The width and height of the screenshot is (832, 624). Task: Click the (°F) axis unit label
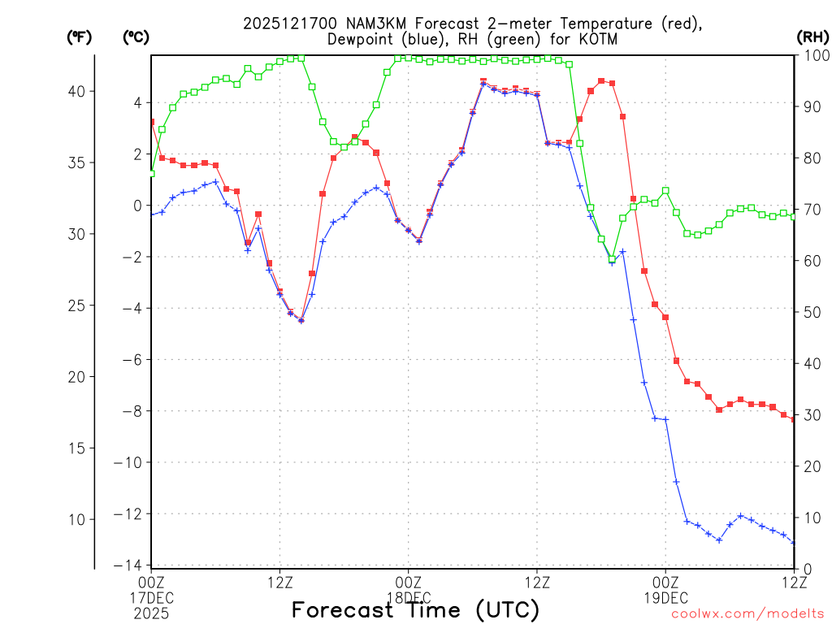coord(78,37)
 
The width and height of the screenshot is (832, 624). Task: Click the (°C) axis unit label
coord(135,37)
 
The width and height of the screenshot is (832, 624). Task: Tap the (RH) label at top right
coord(812,37)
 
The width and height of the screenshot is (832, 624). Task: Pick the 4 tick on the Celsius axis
coord(137,102)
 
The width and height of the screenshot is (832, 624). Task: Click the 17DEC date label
coord(151,597)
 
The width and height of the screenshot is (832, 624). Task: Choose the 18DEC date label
coord(408,597)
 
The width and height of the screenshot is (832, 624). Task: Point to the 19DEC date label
coord(665,597)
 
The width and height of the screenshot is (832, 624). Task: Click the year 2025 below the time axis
coord(151,612)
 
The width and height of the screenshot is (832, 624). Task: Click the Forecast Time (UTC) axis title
coord(415,610)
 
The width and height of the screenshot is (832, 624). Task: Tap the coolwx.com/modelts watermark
coord(747,613)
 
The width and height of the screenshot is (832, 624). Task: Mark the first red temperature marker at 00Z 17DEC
coord(151,122)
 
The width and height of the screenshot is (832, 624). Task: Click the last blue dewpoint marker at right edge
coord(794,543)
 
